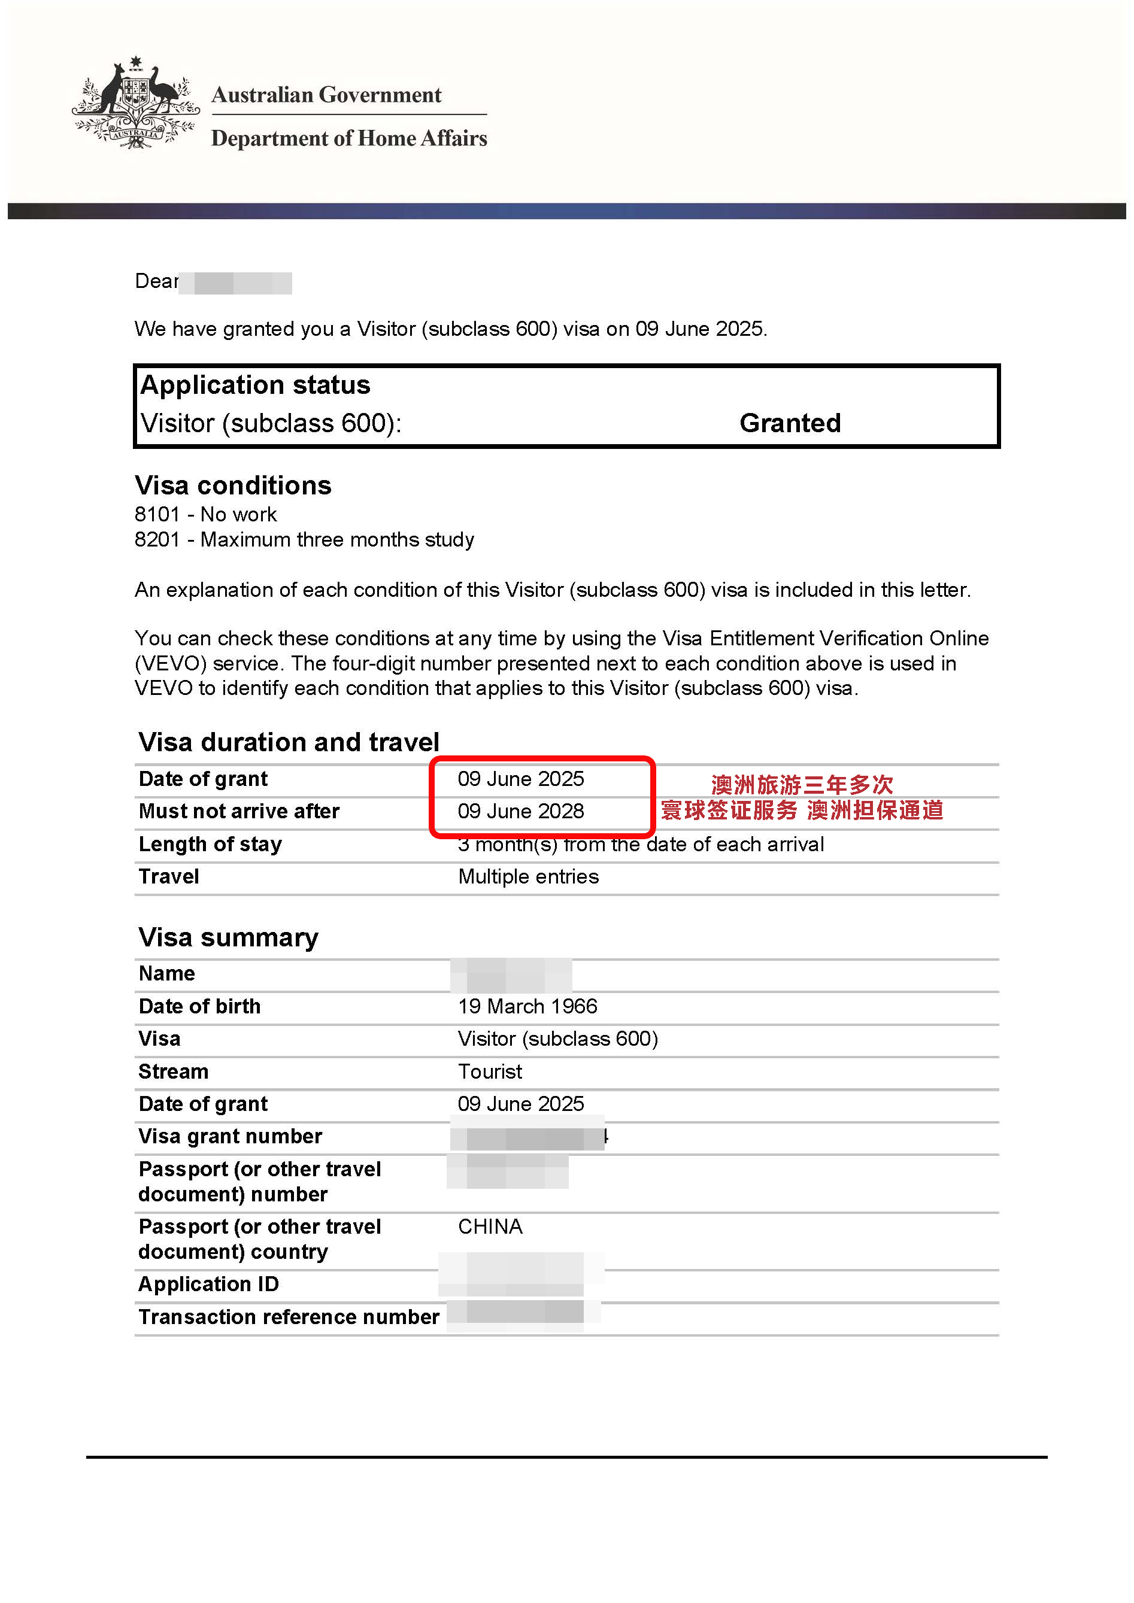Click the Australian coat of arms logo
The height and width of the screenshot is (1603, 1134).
tap(135, 104)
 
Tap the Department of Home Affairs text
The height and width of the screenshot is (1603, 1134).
tap(348, 138)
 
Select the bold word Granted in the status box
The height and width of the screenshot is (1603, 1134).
tap(790, 423)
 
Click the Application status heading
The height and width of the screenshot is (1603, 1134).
tap(255, 385)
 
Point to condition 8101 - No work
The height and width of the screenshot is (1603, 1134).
tap(205, 515)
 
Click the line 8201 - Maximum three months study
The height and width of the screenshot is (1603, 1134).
tap(304, 540)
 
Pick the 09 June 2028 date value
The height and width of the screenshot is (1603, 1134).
tap(520, 811)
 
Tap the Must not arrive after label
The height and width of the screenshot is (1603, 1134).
tap(239, 811)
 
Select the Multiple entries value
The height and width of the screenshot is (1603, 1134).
tap(528, 877)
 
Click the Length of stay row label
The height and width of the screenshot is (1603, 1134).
tap(210, 844)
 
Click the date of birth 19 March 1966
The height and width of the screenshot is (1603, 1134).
tap(527, 1007)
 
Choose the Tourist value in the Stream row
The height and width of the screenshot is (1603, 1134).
tap(490, 1071)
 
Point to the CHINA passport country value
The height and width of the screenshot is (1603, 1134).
tap(490, 1226)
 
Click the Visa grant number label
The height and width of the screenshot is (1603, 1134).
tap(230, 1137)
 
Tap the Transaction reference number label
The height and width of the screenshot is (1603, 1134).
tap(289, 1317)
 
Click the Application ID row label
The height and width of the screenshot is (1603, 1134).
tap(208, 1285)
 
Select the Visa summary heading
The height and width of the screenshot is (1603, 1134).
tap(228, 937)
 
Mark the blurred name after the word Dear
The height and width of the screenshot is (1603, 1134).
tap(235, 283)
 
